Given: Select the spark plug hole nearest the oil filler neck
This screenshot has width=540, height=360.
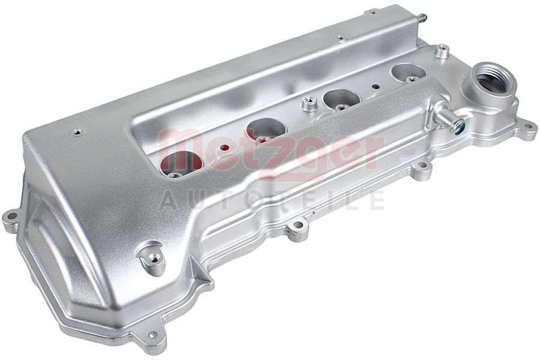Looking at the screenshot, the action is click(409, 71).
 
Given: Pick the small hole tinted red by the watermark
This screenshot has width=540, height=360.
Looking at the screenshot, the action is click(225, 148).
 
